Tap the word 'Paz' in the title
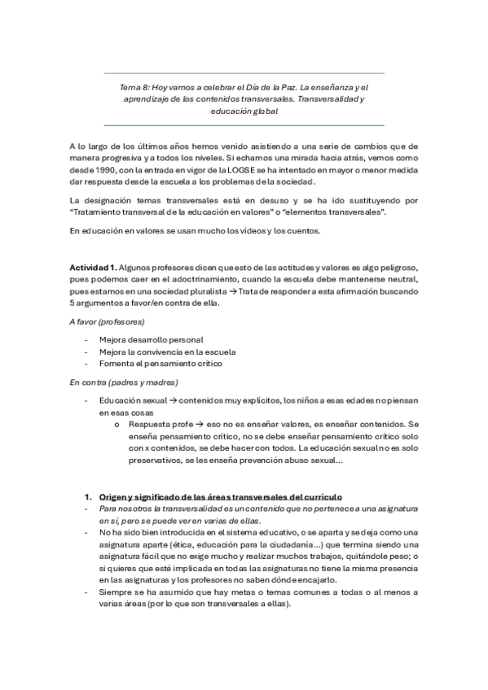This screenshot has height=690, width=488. [266, 85]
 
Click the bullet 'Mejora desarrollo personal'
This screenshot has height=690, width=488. [152, 339]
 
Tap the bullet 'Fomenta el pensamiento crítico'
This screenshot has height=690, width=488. [160, 364]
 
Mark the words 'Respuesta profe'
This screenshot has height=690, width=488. [158, 424]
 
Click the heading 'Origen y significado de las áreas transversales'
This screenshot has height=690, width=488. [220, 496]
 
